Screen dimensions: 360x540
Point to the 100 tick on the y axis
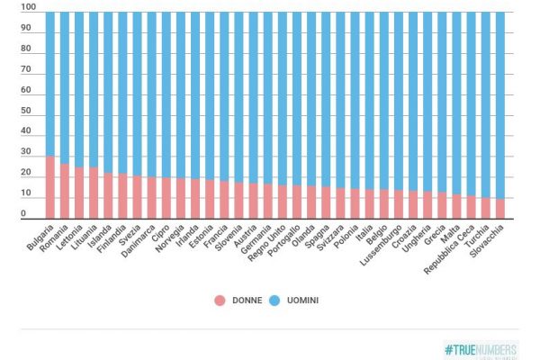(29, 7)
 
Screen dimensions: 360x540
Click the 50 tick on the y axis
(29, 112)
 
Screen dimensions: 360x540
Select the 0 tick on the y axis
(29, 214)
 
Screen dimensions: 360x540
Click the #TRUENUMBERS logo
(481, 348)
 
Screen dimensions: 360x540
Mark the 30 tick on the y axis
(29, 153)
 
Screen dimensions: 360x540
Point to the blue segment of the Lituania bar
(94, 90)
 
